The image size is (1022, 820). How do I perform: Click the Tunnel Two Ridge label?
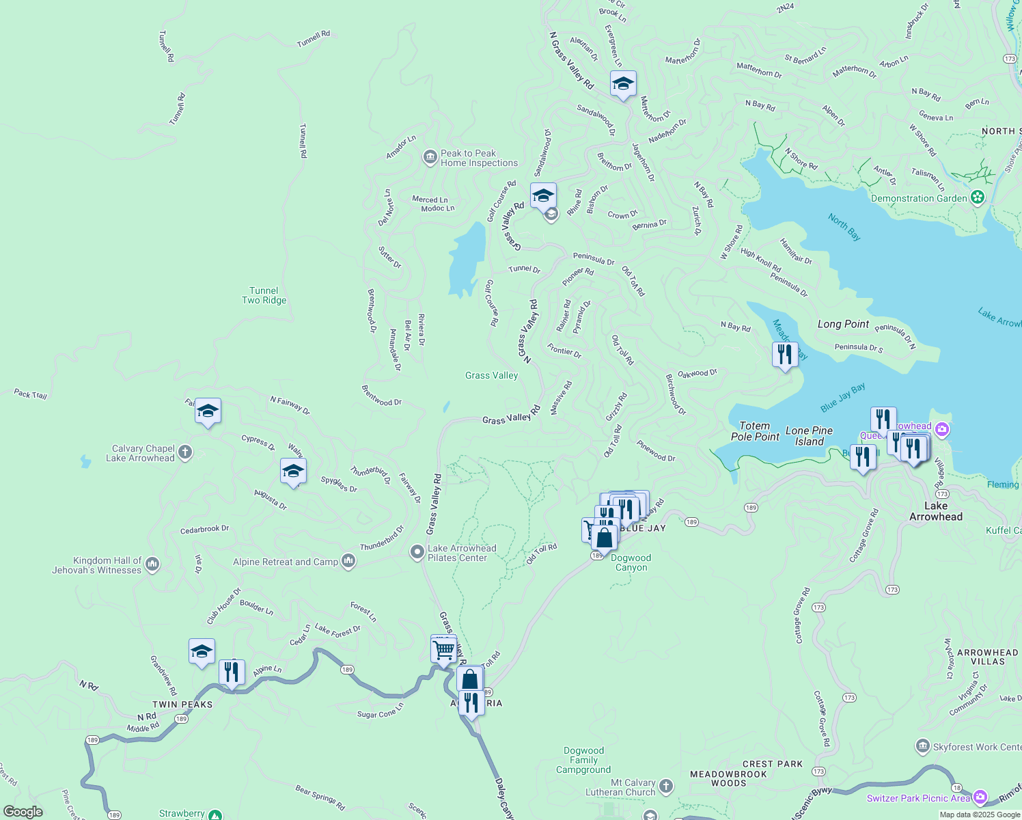[264, 295]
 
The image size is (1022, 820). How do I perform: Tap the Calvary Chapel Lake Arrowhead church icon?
[185, 452]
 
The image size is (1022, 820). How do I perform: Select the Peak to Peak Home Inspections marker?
[430, 158]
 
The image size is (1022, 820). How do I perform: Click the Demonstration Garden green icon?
[978, 198]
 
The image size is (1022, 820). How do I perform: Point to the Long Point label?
[843, 324]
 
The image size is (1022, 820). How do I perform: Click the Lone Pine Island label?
[809, 436]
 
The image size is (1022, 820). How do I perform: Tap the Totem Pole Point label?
[755, 431]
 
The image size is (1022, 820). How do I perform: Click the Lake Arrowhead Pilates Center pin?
[417, 552]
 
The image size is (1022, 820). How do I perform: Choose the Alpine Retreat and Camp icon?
[348, 562]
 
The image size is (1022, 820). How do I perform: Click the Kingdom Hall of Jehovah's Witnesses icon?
[152, 564]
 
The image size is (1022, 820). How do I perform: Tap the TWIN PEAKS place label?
[182, 705]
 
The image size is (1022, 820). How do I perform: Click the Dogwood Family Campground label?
[583, 760]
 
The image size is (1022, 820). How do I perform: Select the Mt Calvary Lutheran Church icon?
[666, 787]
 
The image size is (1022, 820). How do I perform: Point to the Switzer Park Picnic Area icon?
[980, 797]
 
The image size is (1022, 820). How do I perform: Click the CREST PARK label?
[773, 764]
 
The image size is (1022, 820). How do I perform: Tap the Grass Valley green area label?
[491, 375]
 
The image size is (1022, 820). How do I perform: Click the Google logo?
[23, 812]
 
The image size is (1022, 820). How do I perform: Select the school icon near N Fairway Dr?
[208, 411]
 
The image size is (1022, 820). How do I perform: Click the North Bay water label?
[844, 227]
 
